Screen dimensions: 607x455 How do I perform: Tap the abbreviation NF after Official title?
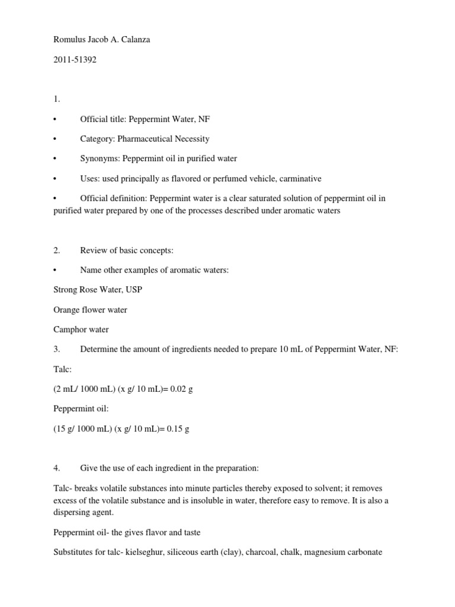click(203, 119)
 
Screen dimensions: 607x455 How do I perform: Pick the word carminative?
click(293, 178)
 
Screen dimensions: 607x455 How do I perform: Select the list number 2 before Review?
click(56, 251)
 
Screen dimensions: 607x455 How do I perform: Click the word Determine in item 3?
click(98, 349)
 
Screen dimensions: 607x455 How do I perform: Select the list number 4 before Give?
click(56, 468)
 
